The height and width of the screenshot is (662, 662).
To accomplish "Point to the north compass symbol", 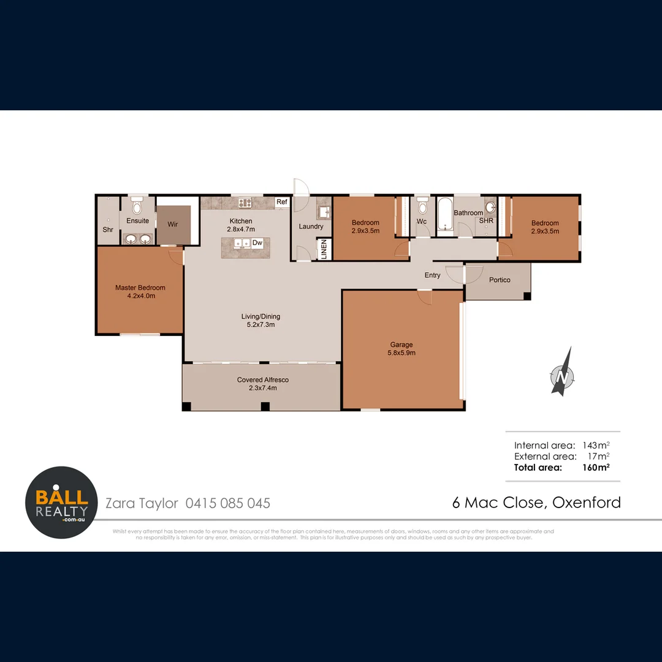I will (561, 374).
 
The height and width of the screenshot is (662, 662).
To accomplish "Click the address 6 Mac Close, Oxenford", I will (536, 503).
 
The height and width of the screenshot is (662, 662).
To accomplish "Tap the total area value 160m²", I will (595, 467).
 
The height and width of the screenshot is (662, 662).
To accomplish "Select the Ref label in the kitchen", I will (282, 202).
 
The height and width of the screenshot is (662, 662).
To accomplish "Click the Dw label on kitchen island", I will (257, 243).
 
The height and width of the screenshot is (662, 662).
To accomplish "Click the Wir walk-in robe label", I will (173, 224).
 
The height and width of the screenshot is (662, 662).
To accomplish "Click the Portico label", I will (500, 280).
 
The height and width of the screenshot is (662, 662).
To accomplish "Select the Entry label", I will (432, 275).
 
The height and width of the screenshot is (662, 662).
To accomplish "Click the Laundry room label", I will (311, 226).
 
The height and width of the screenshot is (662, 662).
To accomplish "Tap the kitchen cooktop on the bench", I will (246, 202).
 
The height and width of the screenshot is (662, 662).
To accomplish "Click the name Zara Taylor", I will (142, 503).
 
